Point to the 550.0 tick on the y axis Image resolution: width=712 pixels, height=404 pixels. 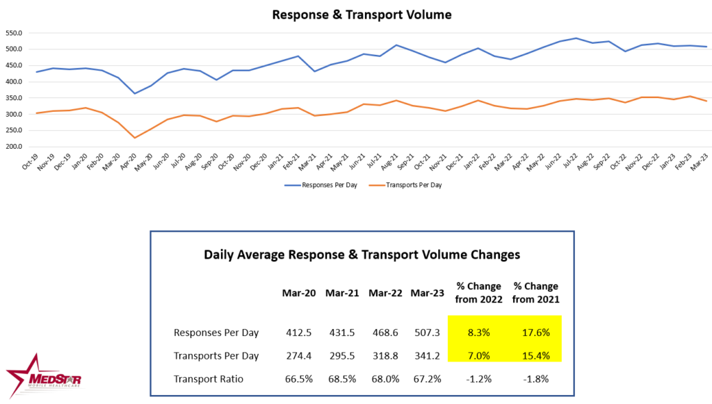coord(13,33)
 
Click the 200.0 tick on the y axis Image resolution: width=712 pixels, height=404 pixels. coord(13,147)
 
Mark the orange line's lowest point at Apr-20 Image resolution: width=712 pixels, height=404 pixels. coord(134,138)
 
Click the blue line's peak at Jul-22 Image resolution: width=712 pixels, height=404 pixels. coord(575,38)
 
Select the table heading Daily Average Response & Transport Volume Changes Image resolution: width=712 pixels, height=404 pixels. coord(362,254)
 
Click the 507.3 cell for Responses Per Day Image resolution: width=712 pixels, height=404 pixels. coord(426,333)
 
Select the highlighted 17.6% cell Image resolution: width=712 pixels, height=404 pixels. coord(535,333)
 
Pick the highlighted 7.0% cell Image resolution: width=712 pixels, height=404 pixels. coord(476,355)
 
